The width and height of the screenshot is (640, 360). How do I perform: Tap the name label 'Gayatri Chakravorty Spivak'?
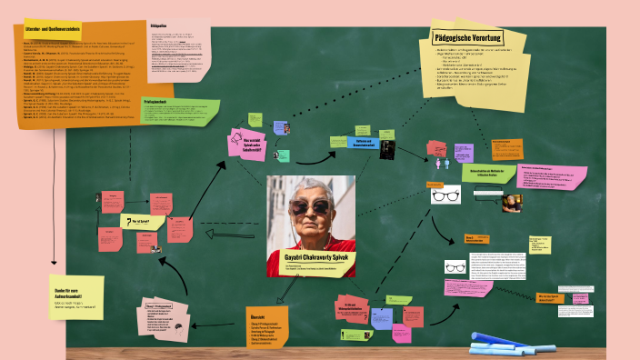(x=311, y=258)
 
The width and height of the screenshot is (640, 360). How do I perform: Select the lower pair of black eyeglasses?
(x=455, y=267)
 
